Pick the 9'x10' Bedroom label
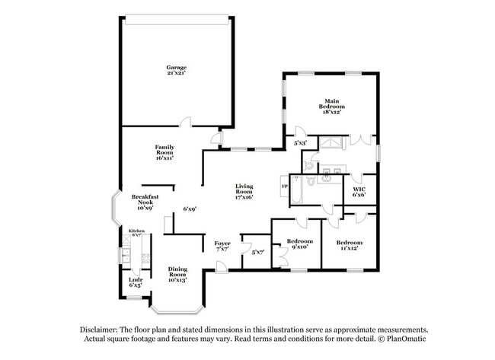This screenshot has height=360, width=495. tap(300, 244)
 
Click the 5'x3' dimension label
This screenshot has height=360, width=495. tap(301, 142)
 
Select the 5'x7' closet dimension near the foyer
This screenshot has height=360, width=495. tap(257, 252)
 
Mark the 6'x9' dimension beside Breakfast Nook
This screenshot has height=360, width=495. tap(190, 209)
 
